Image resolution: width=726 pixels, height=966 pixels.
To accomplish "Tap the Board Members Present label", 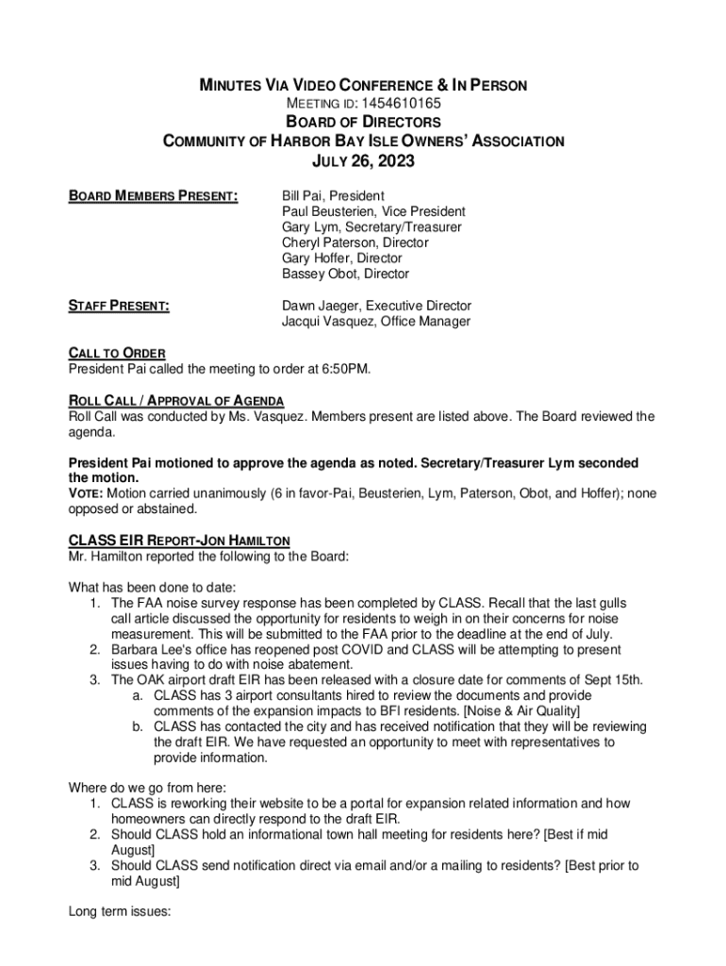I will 153,196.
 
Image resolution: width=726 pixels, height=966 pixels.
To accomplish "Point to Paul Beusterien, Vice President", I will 372,212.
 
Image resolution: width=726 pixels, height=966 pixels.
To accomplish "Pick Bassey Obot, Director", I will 345,274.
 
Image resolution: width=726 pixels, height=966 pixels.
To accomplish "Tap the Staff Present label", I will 119,306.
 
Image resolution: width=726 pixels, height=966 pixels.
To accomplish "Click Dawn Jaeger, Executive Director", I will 376,306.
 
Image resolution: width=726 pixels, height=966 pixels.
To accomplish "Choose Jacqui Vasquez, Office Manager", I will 375,322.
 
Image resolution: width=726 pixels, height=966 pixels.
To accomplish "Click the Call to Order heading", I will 117,353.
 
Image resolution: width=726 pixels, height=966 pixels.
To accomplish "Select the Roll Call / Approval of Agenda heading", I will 176,401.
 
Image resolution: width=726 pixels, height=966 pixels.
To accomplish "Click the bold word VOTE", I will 86,493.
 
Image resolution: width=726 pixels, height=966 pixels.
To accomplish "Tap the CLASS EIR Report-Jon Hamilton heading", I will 179,541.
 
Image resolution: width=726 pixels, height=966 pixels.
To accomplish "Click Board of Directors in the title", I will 363,123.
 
